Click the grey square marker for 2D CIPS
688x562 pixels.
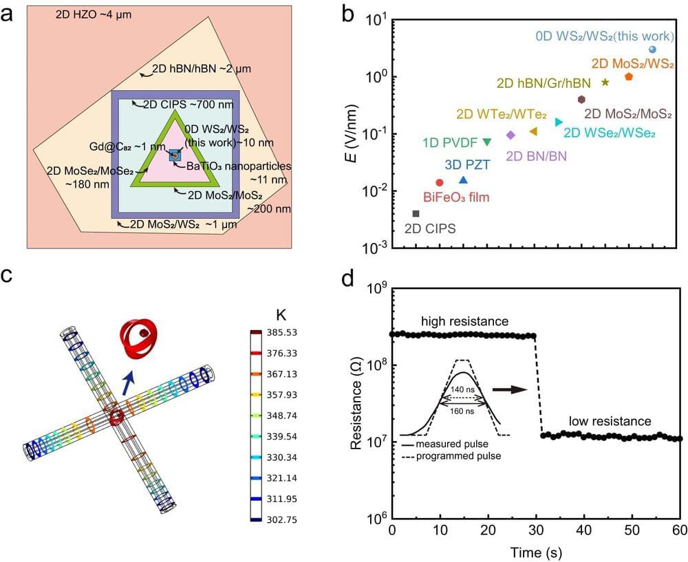(x=416, y=214)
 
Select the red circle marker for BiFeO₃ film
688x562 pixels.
(x=440, y=182)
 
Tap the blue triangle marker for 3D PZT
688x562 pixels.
(x=463, y=180)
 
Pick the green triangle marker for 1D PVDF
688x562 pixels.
(x=487, y=142)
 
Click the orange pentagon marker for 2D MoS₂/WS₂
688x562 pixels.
(x=629, y=76)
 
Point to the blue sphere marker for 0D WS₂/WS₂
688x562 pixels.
(x=652, y=50)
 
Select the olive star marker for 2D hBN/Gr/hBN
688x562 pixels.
(x=605, y=82)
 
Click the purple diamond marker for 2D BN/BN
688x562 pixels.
(x=510, y=135)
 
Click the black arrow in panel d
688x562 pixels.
(x=512, y=389)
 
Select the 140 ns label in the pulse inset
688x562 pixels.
(x=463, y=389)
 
